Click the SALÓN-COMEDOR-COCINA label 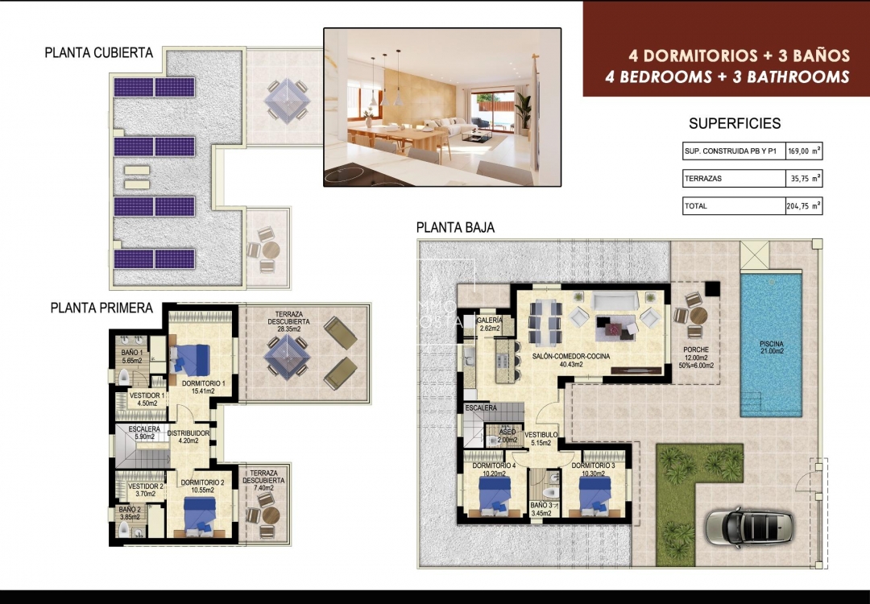(x=570, y=359)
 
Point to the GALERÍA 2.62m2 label (x=490, y=324)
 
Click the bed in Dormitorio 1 (x=192, y=355)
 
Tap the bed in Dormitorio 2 (x=199, y=515)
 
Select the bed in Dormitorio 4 (x=491, y=498)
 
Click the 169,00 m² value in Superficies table (x=803, y=151)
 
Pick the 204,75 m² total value (x=803, y=206)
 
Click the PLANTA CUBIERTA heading (x=98, y=53)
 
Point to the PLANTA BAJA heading (x=455, y=228)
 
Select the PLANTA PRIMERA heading (x=101, y=308)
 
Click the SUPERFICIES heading (x=735, y=124)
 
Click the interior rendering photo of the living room (x=442, y=107)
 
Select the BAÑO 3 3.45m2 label (x=541, y=508)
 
